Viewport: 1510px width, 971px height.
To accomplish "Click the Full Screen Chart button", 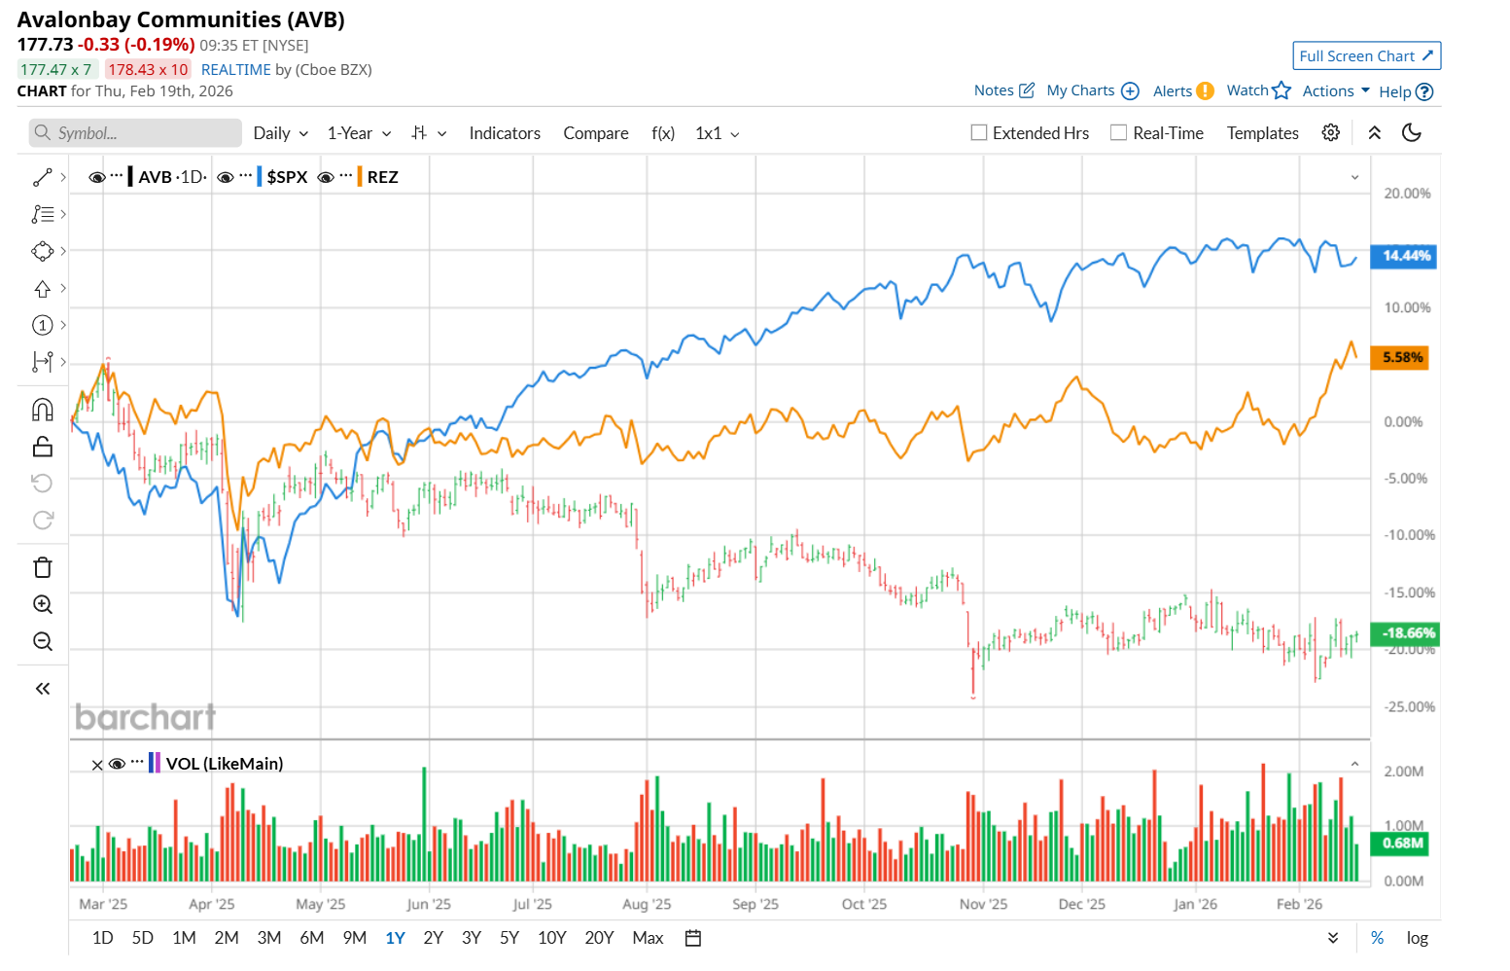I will tap(1366, 56).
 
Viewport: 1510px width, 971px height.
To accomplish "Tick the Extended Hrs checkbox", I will tap(979, 133).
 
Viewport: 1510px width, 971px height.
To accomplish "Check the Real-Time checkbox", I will tap(1119, 133).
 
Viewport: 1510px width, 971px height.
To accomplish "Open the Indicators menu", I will tap(505, 133).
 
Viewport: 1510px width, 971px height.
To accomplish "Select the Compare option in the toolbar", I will tap(596, 133).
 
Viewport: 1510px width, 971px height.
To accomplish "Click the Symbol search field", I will tap(136, 133).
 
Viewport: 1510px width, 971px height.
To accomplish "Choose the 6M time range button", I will tap(312, 938).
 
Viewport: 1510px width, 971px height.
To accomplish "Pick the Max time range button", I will tap(648, 938).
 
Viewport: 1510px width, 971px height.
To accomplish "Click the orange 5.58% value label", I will tap(1402, 357).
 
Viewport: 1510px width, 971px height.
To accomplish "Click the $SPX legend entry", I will tap(287, 177).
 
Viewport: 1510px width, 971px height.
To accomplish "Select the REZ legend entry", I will tap(382, 177).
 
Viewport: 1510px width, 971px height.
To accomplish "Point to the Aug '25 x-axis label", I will tap(647, 904).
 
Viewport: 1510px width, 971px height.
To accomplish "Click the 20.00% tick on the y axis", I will tap(1407, 194).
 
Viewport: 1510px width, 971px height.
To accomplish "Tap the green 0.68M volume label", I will tap(1402, 844).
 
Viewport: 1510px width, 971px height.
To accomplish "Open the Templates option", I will tap(1262, 133).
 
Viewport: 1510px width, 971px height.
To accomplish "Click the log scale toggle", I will tap(1417, 938).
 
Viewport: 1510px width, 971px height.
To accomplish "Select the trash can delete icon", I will tap(43, 567).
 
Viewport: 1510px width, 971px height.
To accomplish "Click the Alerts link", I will tap(1173, 91).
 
